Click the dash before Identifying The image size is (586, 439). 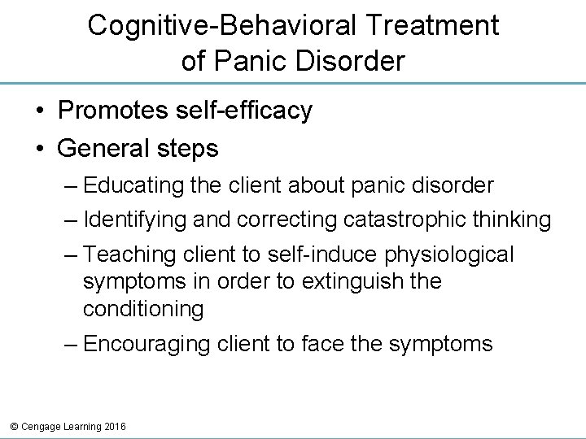[x=71, y=220]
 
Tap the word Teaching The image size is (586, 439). [x=134, y=255]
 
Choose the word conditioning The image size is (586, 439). [x=143, y=308]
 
